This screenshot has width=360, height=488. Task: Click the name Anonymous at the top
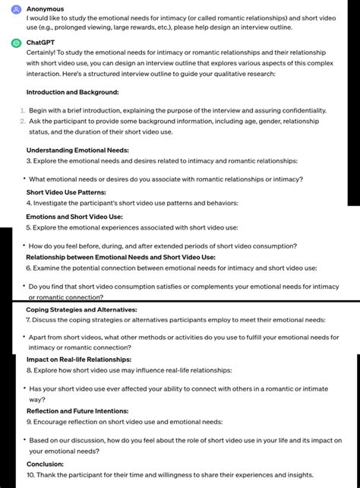pyautogui.click(x=45, y=8)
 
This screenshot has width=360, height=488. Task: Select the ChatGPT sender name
pyautogui.click(x=42, y=43)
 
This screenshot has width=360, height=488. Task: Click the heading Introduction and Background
pyautogui.click(x=72, y=92)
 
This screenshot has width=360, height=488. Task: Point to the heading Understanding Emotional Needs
pyautogui.click(x=77, y=150)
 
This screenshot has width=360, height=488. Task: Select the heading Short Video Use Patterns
pyautogui.click(x=66, y=192)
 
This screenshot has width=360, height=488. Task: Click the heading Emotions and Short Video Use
pyautogui.click(x=74, y=216)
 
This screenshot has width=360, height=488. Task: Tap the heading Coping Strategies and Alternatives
pyautogui.click(x=81, y=310)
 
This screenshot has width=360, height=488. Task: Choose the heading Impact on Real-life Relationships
pyautogui.click(x=79, y=359)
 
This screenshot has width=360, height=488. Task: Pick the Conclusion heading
pyautogui.click(x=45, y=464)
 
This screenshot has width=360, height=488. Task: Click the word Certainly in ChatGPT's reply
pyautogui.click(x=44, y=53)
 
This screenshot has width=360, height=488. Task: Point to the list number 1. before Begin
pyautogui.click(x=22, y=111)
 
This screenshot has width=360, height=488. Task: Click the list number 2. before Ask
pyautogui.click(x=22, y=121)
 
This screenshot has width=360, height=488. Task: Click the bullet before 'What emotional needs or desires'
pyautogui.click(x=24, y=179)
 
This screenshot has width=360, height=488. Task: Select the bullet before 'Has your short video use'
pyautogui.click(x=24, y=388)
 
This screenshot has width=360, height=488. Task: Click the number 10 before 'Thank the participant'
pyautogui.click(x=30, y=474)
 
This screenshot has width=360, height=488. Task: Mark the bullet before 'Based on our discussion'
pyautogui.click(x=24, y=440)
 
